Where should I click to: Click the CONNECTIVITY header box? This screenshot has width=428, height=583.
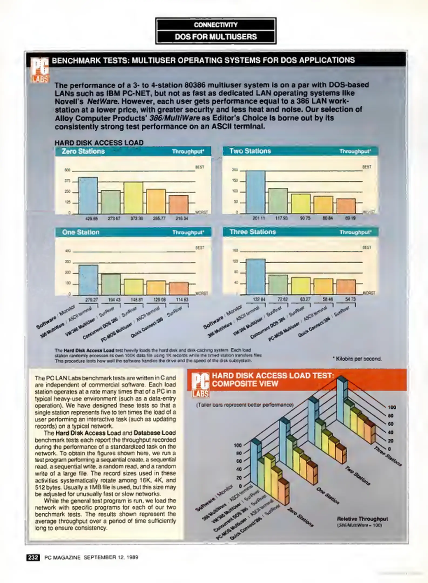(x=216, y=25)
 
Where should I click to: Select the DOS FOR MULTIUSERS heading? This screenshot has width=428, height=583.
(x=216, y=37)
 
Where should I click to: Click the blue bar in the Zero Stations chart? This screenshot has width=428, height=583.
(x=88, y=195)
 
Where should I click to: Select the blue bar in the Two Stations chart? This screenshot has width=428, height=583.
(x=255, y=192)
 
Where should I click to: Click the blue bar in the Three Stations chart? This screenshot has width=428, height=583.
(x=256, y=277)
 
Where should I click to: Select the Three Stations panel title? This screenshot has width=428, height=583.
(x=253, y=232)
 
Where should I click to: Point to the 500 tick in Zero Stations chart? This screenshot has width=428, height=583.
(x=67, y=170)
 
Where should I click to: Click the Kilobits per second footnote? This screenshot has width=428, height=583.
(x=357, y=359)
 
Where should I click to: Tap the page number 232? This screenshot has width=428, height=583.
(x=33, y=557)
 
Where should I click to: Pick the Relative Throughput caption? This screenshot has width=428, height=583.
(x=362, y=519)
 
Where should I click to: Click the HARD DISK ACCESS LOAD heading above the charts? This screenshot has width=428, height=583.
(x=99, y=143)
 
